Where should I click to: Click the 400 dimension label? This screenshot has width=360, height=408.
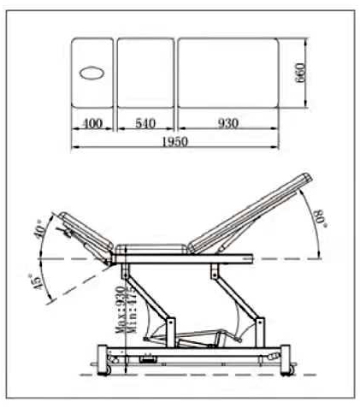tap(93, 124)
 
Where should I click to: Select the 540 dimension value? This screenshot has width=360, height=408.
tap(145, 124)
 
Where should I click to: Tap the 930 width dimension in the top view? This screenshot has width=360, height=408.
tap(227, 124)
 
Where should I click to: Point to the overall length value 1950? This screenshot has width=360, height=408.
tap(174, 141)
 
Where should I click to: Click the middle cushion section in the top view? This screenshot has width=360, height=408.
tap(145, 74)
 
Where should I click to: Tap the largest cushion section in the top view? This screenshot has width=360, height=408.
tap(227, 74)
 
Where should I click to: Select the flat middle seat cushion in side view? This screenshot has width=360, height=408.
tap(155, 249)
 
